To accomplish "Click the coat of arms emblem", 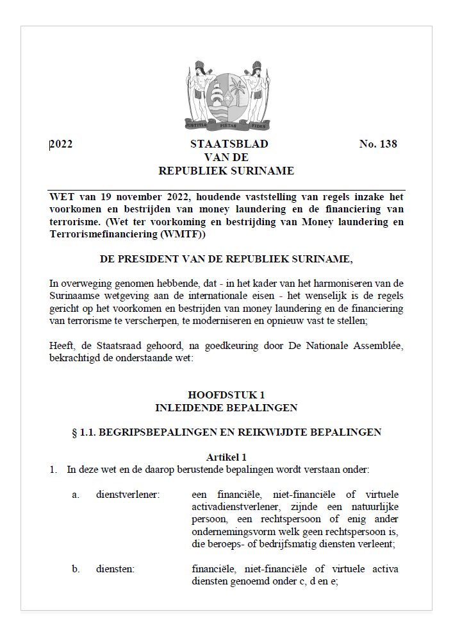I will pyautogui.click(x=227, y=95).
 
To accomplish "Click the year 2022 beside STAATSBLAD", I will pyautogui.click(x=61, y=144).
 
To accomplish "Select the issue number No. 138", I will pyautogui.click(x=378, y=144).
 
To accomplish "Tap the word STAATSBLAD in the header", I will pyautogui.click(x=229, y=144).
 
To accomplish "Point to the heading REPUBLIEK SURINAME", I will pyautogui.click(x=226, y=171).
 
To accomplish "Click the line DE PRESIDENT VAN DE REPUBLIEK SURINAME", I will pyautogui.click(x=226, y=259).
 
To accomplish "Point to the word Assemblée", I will pyautogui.click(x=376, y=346).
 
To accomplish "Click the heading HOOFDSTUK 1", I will pyautogui.click(x=226, y=395).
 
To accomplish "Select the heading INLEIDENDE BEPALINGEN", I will pyautogui.click(x=226, y=407).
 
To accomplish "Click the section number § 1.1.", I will pyautogui.click(x=85, y=432).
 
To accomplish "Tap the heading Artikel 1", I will pyautogui.click(x=226, y=457).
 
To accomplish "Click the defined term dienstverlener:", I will pyautogui.click(x=128, y=494).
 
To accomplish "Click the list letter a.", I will pyautogui.click(x=75, y=494).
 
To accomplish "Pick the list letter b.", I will pyautogui.click(x=76, y=569).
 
